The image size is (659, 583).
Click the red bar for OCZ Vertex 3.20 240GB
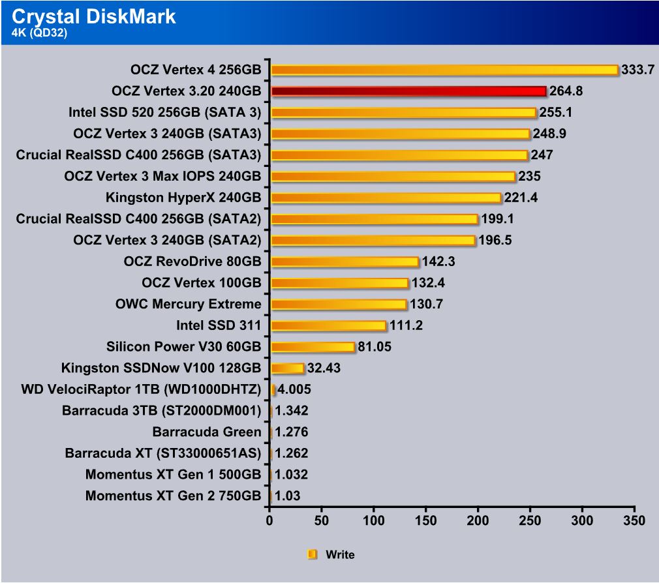pyautogui.click(x=408, y=91)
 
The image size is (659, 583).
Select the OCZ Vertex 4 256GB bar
pyautogui.click(x=444, y=70)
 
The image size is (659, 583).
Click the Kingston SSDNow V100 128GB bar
pyautogui.click(x=287, y=368)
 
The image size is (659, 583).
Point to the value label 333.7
pyautogui.click(x=637, y=70)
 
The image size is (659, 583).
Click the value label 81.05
pyautogui.click(x=375, y=347)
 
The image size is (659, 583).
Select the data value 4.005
pyautogui.click(x=294, y=390)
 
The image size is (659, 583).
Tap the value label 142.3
pyautogui.click(x=438, y=262)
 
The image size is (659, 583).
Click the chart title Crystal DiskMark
pyautogui.click(x=94, y=16)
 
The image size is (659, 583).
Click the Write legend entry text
pyautogui.click(x=340, y=555)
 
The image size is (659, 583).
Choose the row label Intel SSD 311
pyautogui.click(x=219, y=325)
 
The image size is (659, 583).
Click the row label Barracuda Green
pyautogui.click(x=207, y=432)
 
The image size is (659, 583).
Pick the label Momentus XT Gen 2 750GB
pyautogui.click(x=173, y=496)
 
